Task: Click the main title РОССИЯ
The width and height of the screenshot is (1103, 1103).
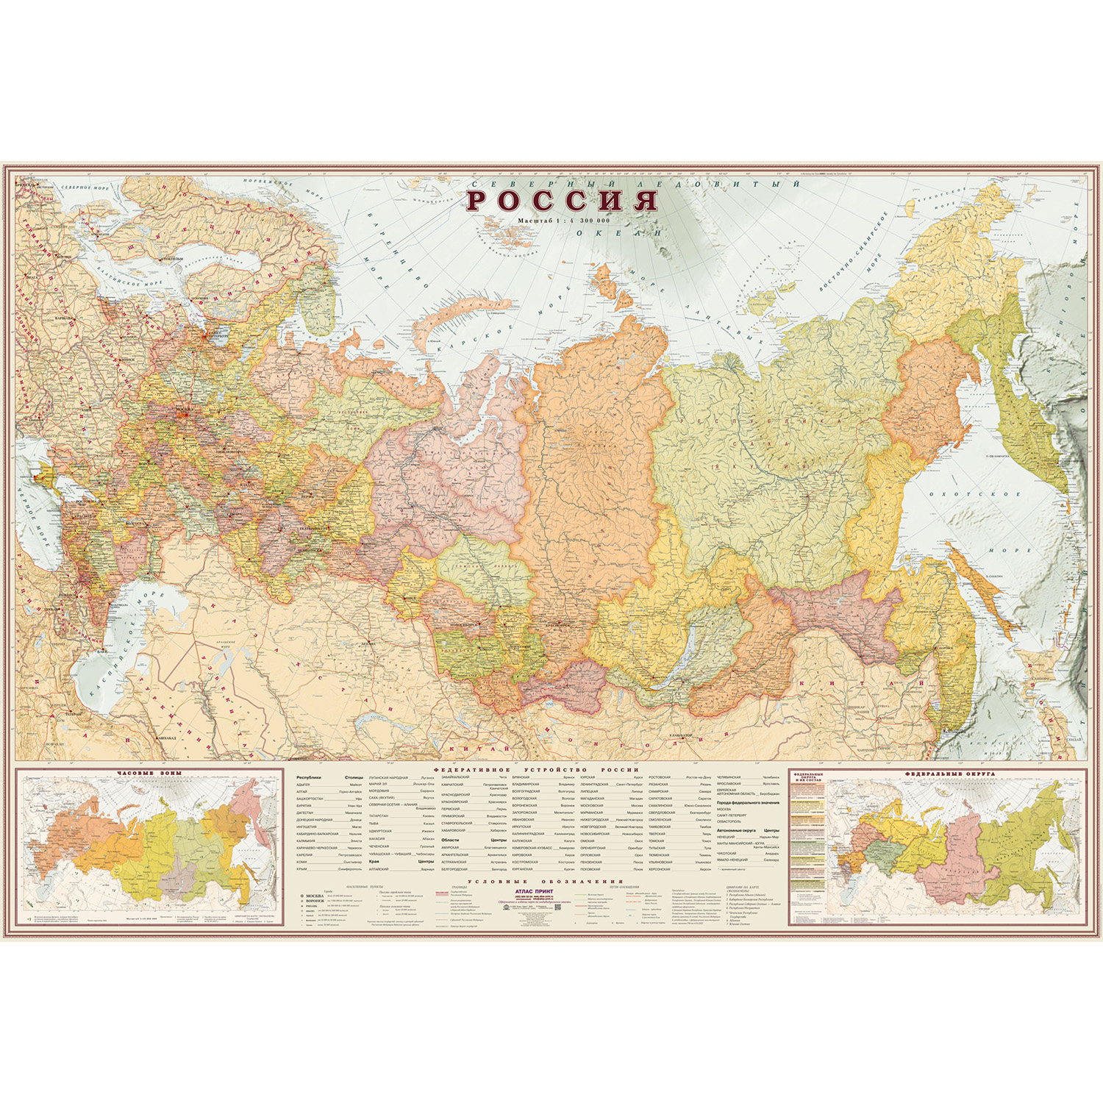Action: pyautogui.click(x=563, y=201)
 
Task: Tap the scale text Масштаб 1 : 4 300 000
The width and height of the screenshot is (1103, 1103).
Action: pyautogui.click(x=563, y=221)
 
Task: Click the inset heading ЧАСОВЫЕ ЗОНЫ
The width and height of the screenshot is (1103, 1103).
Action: pyautogui.click(x=149, y=773)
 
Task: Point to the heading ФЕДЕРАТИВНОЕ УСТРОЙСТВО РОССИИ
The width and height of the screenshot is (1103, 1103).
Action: pyautogui.click(x=536, y=770)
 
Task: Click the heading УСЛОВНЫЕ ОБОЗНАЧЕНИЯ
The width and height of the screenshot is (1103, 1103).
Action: pyautogui.click(x=545, y=881)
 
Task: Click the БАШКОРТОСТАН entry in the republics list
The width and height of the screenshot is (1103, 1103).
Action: pyautogui.click(x=310, y=799)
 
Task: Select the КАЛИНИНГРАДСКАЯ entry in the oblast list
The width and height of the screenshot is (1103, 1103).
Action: pyautogui.click(x=528, y=834)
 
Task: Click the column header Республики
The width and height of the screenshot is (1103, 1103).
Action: pyautogui.click(x=309, y=777)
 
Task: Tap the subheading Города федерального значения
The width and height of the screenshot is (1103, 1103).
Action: pyautogui.click(x=747, y=803)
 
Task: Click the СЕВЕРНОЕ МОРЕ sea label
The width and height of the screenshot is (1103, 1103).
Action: pyautogui.click(x=85, y=188)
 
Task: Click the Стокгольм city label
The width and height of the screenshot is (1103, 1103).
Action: pyautogui.click(x=171, y=259)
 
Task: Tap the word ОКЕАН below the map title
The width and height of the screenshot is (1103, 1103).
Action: pyautogui.click(x=618, y=233)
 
